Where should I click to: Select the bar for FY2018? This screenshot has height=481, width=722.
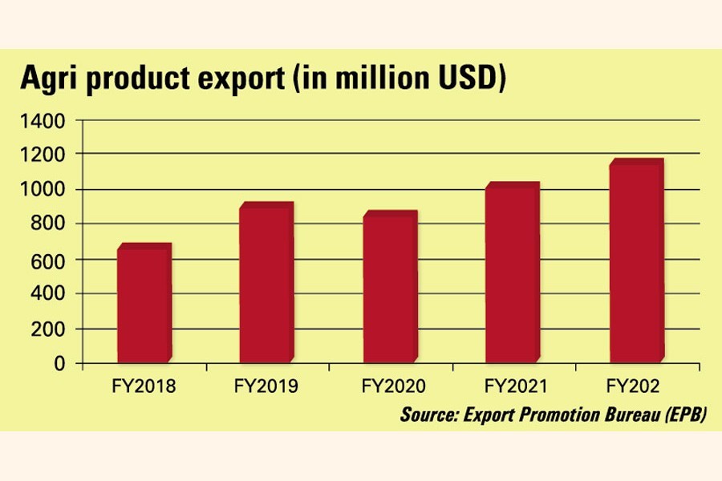pos(143,305)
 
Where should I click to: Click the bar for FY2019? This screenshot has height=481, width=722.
pos(266,285)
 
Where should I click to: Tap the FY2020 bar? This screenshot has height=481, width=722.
pos(389,289)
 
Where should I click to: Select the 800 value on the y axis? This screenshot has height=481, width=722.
pos(52,224)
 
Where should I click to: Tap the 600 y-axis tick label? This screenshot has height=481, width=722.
pos(52,260)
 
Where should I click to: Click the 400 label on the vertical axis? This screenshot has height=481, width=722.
pos(52,294)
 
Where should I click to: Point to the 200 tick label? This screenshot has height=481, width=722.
pos(52,329)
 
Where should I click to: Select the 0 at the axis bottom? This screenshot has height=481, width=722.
pos(61,363)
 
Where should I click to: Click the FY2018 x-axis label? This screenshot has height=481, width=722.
pos(144,387)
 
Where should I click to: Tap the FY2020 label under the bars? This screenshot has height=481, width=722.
pos(389,387)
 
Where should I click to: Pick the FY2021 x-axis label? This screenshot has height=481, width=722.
pos(511,387)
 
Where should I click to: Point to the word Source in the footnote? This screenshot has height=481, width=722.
pos(431,415)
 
